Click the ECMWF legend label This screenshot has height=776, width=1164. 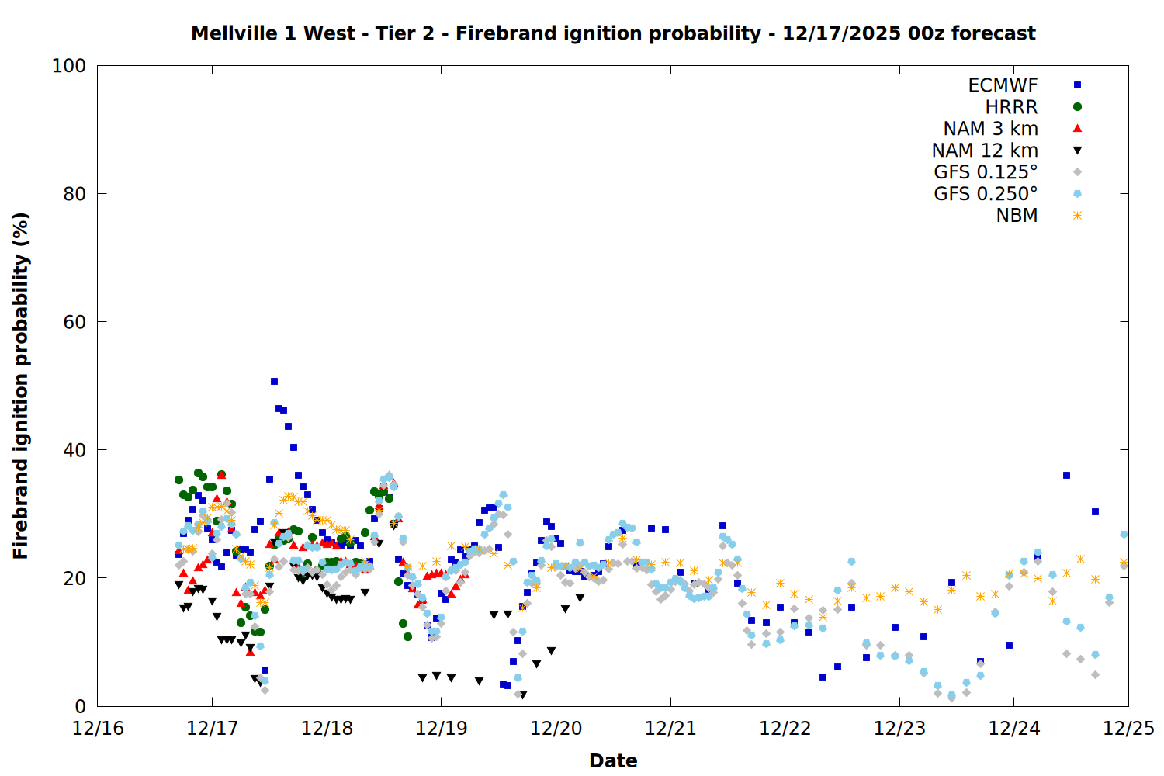[x=1002, y=85]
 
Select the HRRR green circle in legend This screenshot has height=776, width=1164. [x=1077, y=107]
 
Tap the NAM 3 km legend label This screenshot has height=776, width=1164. [x=990, y=129]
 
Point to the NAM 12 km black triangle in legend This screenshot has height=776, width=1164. [x=1077, y=151]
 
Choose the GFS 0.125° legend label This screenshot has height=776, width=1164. [x=986, y=172]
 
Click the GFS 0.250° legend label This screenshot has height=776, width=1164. [x=986, y=194]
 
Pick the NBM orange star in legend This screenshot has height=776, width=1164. [x=1077, y=216]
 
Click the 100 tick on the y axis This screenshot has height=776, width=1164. [x=69, y=66]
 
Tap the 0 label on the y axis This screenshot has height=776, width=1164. [x=80, y=706]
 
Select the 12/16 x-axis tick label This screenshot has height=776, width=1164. [x=98, y=729]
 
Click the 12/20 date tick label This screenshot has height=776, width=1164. [x=556, y=729]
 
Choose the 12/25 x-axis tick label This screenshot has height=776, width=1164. [x=1128, y=729]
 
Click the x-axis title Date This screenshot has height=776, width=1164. [x=613, y=760]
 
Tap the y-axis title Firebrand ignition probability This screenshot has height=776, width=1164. [x=20, y=386]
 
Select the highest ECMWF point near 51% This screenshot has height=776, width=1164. [x=274, y=381]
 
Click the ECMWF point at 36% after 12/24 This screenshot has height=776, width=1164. [x=1066, y=475]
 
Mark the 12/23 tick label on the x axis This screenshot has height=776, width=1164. [x=899, y=729]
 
